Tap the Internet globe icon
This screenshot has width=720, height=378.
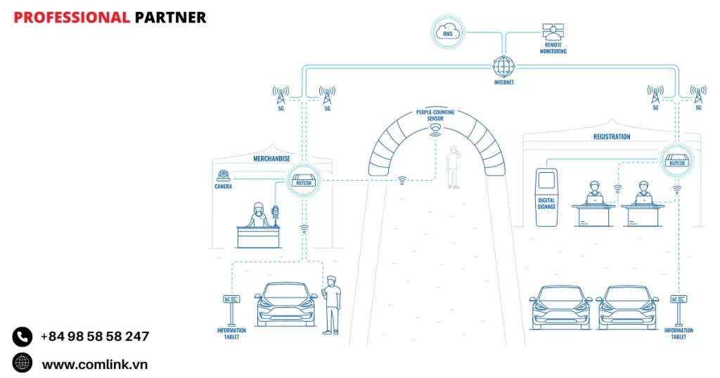pyautogui.click(x=503, y=66)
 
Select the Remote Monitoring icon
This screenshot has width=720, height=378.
pyautogui.click(x=553, y=32)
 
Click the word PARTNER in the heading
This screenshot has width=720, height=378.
pyautogui.click(x=170, y=18)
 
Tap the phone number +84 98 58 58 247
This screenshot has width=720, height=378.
pyautogui.click(x=95, y=337)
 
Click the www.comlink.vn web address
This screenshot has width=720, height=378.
pyautogui.click(x=95, y=364)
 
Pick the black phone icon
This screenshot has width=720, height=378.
pyautogui.click(x=22, y=337)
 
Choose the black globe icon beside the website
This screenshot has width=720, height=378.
pyautogui.click(x=22, y=363)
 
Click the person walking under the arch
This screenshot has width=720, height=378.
pyautogui.click(x=454, y=167)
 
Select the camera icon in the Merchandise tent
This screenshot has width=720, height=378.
pyautogui.click(x=224, y=175)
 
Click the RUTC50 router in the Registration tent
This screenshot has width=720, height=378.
pyautogui.click(x=676, y=161)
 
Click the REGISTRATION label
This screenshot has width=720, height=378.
pyautogui.click(x=612, y=137)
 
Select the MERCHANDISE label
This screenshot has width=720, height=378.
pyautogui.click(x=272, y=159)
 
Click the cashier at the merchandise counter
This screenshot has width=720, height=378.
pyautogui.click(x=258, y=216)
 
